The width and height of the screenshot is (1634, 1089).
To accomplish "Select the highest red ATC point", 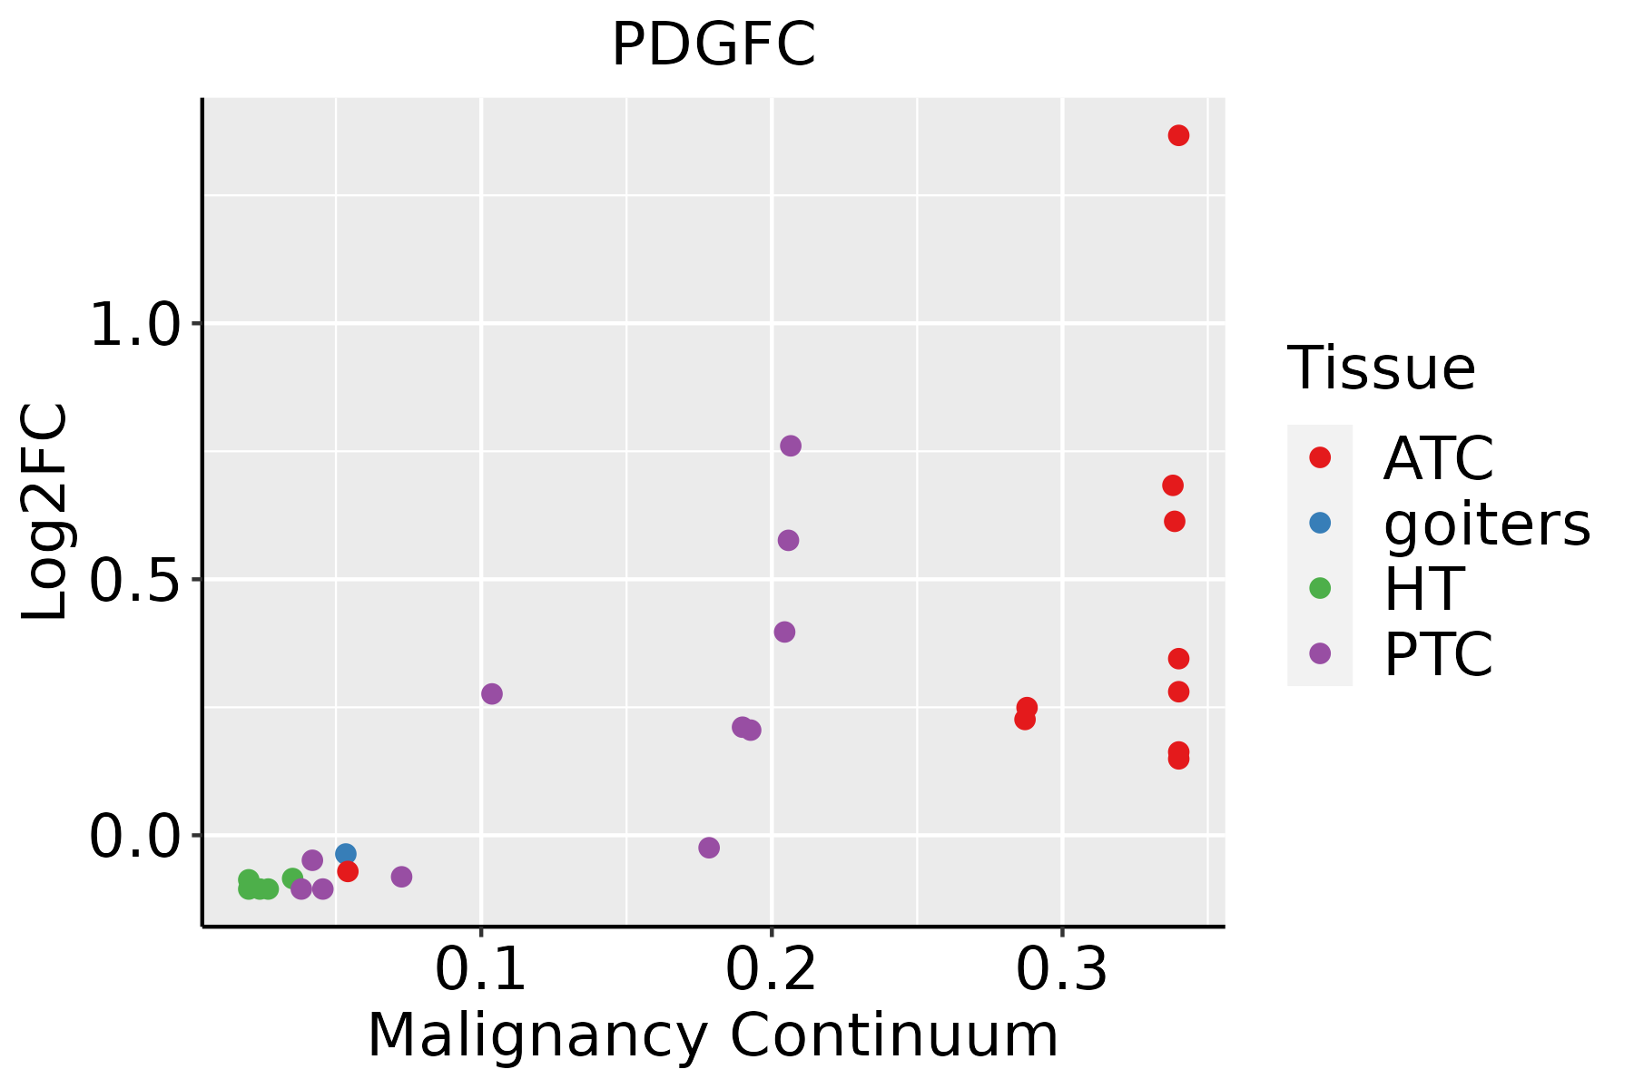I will click(1178, 135).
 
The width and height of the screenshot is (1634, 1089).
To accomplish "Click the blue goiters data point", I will click(345, 854).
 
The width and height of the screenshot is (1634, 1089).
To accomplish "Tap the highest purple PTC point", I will click(791, 446).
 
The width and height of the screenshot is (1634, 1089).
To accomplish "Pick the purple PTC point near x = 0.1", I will click(492, 694).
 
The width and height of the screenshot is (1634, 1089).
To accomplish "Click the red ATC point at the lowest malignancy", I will click(348, 871).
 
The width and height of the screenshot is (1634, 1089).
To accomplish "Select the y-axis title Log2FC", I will click(45, 513).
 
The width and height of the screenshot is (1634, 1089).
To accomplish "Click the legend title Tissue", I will click(1382, 368).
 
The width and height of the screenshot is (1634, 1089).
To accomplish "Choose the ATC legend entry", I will click(1438, 458).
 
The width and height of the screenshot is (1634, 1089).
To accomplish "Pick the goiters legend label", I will click(1487, 524).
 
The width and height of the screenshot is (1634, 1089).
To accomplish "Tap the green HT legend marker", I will click(1320, 588).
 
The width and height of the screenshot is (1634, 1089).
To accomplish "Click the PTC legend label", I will click(1438, 654).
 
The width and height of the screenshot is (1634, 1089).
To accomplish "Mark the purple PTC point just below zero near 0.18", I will click(709, 848).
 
